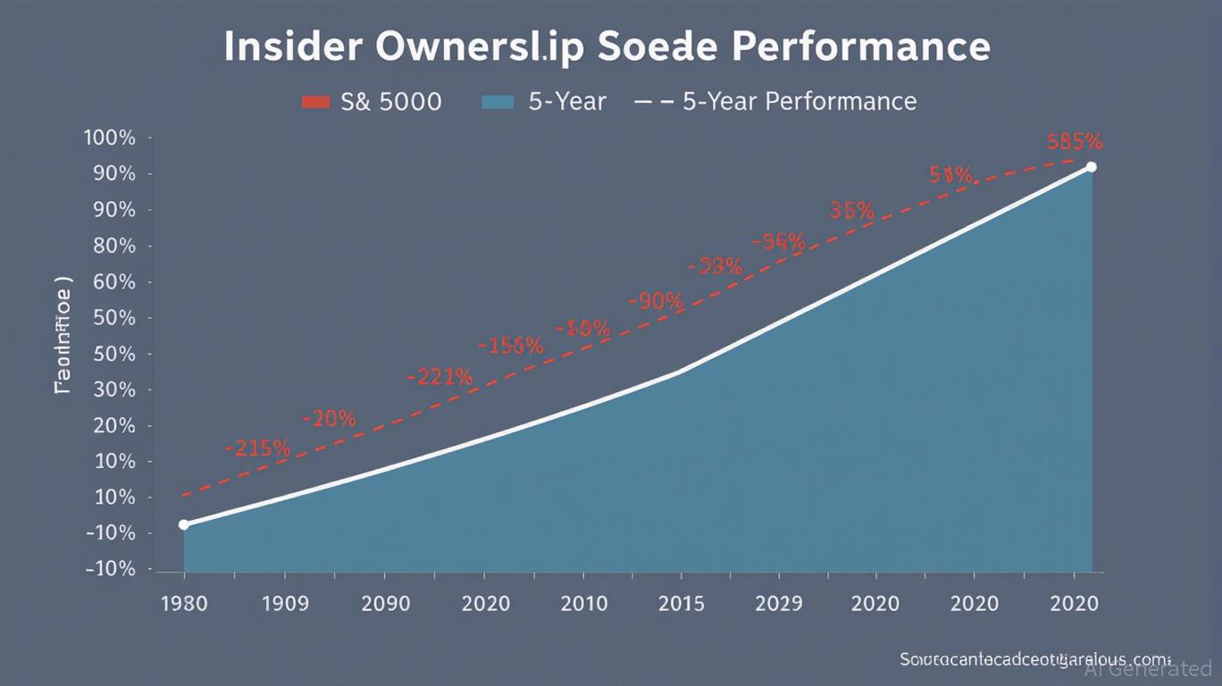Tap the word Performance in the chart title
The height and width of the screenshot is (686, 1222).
pos(858,46)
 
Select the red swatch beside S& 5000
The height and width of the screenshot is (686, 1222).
pos(316,102)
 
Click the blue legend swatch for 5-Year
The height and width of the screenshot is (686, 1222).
pos(498,102)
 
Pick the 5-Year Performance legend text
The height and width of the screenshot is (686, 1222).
pos(799,102)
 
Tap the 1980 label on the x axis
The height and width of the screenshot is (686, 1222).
pos(183,603)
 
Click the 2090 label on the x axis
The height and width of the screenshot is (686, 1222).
pos(386,603)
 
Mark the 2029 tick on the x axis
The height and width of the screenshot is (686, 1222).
pos(778,603)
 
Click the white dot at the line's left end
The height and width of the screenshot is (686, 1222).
pos(184,524)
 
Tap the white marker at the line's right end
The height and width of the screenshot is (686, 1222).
pos(1091,167)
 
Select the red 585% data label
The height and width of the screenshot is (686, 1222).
pos(1075,141)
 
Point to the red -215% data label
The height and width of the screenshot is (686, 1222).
pos(257,448)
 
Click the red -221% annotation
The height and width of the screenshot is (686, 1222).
pos(439,377)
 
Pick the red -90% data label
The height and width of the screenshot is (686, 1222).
pos(657,301)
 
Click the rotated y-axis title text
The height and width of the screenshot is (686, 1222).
pos(63,335)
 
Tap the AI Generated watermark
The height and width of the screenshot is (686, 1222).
pos(1148,668)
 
